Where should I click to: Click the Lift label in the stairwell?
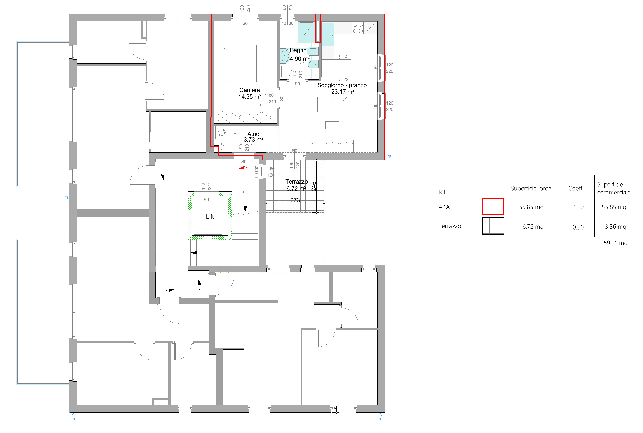click(x=210, y=217)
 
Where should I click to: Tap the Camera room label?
click(x=250, y=90)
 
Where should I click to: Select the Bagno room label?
click(x=298, y=50)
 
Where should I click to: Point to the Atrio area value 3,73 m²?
click(x=253, y=140)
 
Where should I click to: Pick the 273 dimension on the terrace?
click(x=295, y=200)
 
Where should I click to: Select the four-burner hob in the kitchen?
click(x=358, y=28)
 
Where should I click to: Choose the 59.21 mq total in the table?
click(x=615, y=243)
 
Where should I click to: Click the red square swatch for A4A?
click(x=493, y=207)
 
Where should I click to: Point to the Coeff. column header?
click(x=576, y=188)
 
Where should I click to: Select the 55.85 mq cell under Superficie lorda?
click(x=531, y=207)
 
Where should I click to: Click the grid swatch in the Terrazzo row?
click(x=493, y=226)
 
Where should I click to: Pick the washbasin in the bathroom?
click(x=285, y=56)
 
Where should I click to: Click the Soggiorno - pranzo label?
click(x=342, y=85)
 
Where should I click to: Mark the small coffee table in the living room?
click(x=332, y=126)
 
